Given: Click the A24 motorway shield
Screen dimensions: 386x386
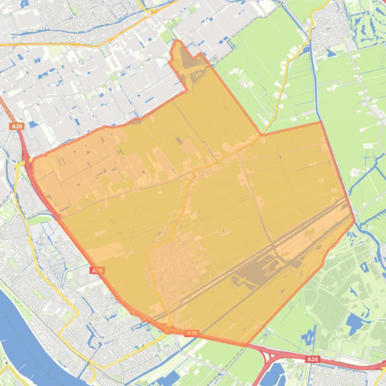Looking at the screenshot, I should [312, 359].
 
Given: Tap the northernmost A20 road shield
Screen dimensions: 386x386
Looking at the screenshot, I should [17, 127].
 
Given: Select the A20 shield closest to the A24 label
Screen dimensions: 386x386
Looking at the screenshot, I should [192, 333].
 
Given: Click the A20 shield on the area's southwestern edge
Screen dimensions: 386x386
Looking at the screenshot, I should [97, 270].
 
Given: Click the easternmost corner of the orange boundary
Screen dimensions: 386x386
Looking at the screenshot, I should [354, 221].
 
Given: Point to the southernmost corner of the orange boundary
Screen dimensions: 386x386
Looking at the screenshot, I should [246, 345].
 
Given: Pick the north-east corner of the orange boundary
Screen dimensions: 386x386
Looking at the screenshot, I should [320, 122].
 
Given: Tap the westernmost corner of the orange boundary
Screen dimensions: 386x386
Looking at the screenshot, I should [31, 160].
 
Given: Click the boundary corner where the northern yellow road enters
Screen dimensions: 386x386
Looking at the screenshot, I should [261, 135].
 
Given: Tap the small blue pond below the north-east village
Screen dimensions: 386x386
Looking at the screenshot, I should [332, 52].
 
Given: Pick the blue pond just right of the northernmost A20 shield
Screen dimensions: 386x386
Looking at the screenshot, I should [33, 124].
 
